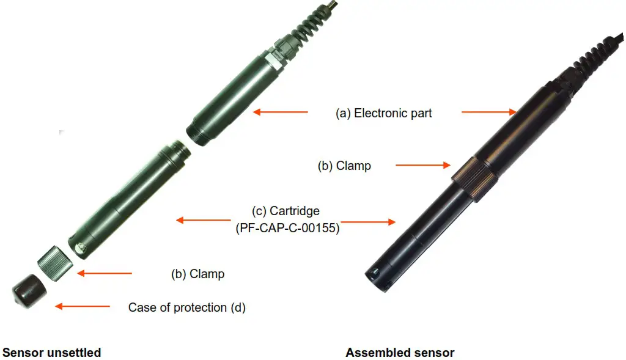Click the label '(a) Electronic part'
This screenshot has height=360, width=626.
(x=383, y=113)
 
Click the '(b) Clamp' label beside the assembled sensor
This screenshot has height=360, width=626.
(x=344, y=166)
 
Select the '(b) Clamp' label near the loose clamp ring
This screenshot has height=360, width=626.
(x=197, y=274)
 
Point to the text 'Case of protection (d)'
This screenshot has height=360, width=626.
(x=186, y=307)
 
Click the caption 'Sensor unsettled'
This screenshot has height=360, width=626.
(x=52, y=353)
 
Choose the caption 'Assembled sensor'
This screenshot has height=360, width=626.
(x=400, y=353)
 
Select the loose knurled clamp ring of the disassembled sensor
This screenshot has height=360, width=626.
(x=56, y=263)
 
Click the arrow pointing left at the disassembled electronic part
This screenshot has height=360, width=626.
(x=281, y=112)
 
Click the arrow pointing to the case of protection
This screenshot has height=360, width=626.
(x=83, y=306)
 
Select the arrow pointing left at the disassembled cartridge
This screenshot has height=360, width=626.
(x=204, y=220)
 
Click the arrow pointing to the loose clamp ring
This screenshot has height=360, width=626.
(x=104, y=273)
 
